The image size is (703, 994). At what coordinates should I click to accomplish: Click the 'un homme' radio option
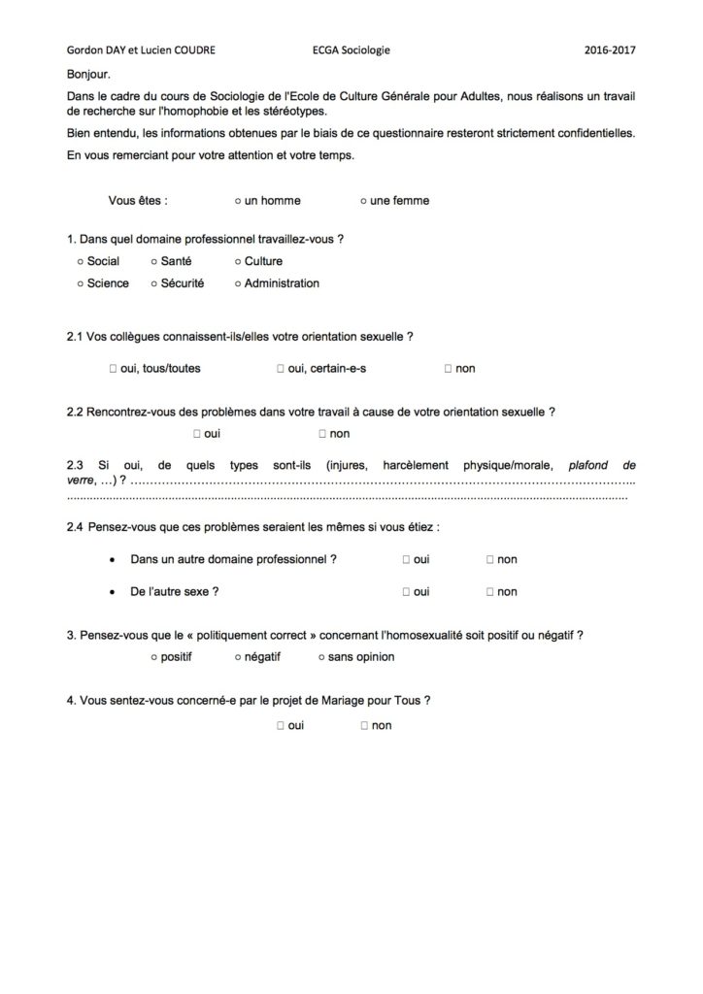[239, 201]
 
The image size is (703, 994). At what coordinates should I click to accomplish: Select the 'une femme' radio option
[363, 201]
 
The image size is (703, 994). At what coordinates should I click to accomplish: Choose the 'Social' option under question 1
[80, 261]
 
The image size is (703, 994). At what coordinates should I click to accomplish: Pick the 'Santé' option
[154, 261]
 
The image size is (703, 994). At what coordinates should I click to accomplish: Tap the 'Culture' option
[237, 261]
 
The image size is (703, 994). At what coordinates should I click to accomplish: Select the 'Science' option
[80, 283]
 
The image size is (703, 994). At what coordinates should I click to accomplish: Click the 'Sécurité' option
[154, 283]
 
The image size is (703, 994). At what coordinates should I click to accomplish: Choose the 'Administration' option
[237, 283]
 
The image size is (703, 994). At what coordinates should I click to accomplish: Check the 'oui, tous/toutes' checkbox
[114, 369]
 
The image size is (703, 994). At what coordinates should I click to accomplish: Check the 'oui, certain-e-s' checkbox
[280, 369]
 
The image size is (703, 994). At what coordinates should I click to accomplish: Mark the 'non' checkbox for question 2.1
[448, 369]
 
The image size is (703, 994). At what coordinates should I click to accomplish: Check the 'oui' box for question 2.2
[197, 434]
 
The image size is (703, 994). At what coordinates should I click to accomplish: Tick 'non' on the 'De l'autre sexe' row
[490, 591]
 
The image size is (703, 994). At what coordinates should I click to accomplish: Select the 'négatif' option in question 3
[238, 657]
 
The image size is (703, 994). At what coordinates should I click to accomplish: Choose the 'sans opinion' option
[320, 657]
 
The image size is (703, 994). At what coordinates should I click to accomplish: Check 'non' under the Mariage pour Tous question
[364, 725]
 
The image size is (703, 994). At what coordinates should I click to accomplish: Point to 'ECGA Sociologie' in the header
[351, 50]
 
